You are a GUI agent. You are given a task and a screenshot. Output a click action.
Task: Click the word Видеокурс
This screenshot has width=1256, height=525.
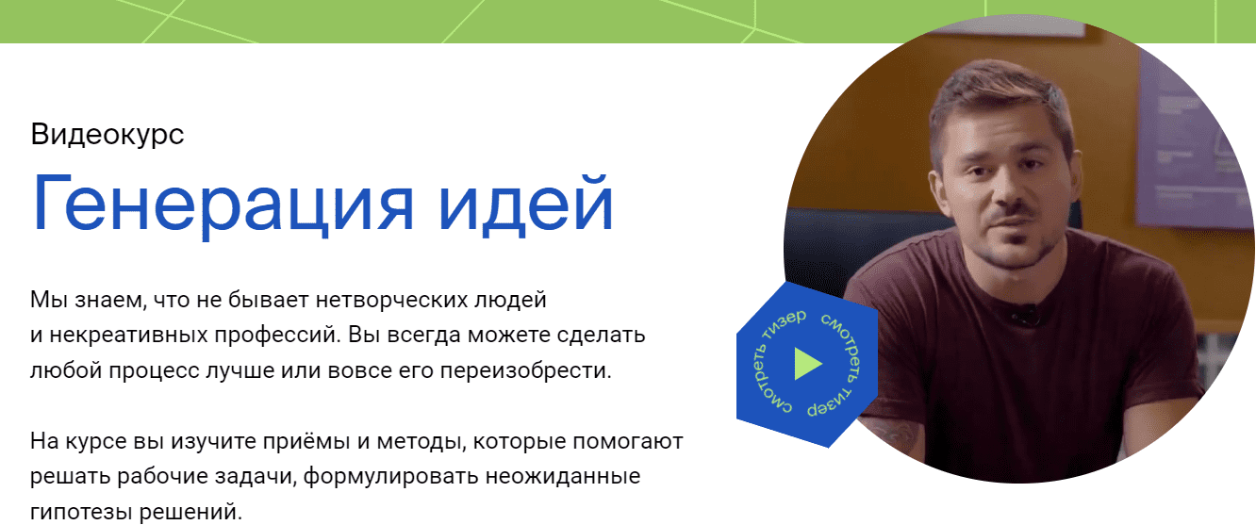[x=107, y=135]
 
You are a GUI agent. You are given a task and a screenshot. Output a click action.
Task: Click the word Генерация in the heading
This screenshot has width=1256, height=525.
[x=223, y=204]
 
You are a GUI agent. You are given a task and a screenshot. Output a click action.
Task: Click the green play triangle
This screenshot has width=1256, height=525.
[x=808, y=364]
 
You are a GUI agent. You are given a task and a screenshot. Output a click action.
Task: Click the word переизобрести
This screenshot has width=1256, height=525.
[x=525, y=371]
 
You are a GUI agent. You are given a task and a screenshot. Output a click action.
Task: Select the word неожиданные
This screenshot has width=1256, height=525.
[x=563, y=476]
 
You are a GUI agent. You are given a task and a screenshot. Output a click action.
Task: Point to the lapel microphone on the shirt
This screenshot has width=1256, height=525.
[x=1026, y=314]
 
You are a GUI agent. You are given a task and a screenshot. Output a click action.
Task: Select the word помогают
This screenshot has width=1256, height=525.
[x=627, y=441]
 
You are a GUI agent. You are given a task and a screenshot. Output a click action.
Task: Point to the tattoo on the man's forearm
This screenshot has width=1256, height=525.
[x=890, y=438]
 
